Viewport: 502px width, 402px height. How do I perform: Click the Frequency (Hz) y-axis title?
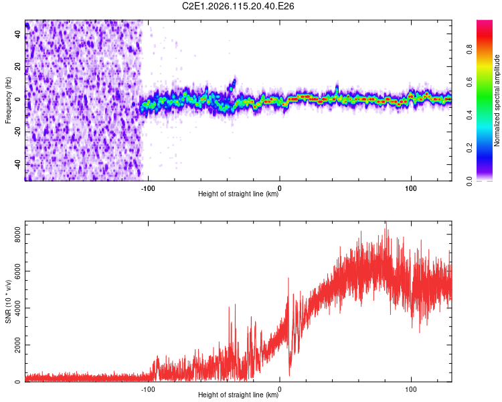click(x=8, y=100)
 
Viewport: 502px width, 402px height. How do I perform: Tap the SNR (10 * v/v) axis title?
click(x=8, y=302)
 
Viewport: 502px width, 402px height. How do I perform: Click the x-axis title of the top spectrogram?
click(x=238, y=194)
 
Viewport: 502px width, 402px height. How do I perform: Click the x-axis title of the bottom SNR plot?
click(x=238, y=395)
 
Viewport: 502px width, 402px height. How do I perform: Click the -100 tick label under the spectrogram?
click(x=148, y=187)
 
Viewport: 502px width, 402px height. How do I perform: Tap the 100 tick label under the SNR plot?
click(x=410, y=388)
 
